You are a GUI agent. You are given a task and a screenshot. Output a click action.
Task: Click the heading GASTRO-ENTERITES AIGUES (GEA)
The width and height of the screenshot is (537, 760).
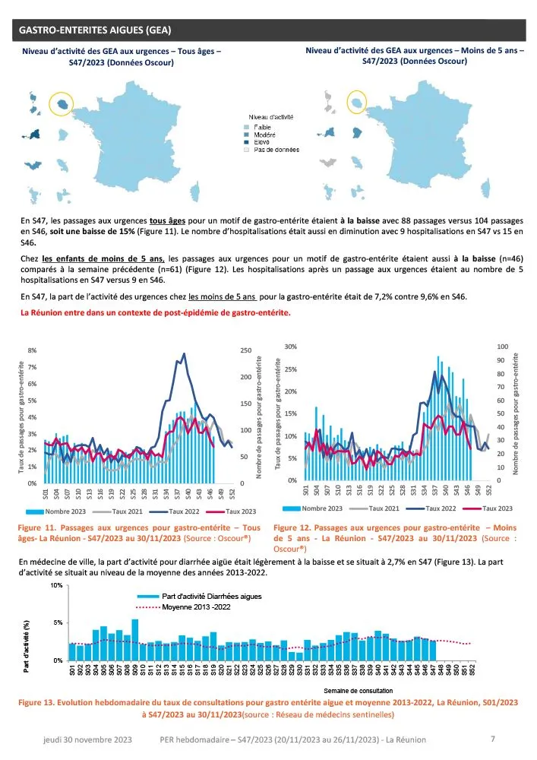click(95, 30)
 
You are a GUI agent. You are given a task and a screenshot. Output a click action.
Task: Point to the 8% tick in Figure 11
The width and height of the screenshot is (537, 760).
click(32, 351)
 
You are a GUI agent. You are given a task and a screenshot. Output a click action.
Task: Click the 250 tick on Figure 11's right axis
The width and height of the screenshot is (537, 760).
click(246, 351)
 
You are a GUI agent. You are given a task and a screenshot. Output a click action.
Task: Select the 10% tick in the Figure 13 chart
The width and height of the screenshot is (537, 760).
click(56, 586)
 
